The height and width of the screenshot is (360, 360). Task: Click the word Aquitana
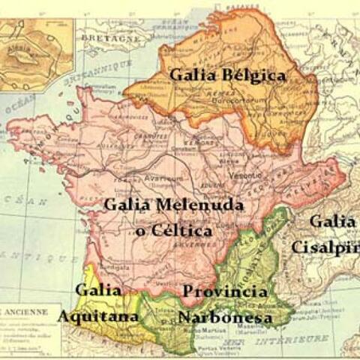point(98,316)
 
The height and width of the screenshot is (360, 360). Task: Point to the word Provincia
point(225,291)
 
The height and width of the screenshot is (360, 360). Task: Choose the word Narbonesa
point(224,317)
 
